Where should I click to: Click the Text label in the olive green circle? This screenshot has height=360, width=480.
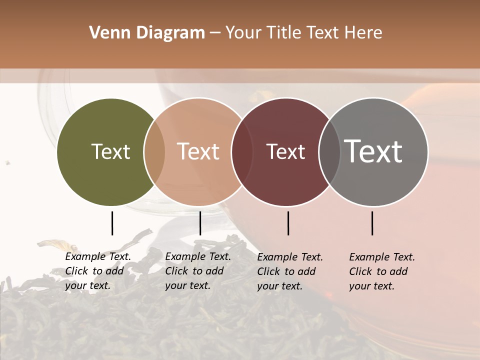(110, 151)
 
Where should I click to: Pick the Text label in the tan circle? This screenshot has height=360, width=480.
(198, 151)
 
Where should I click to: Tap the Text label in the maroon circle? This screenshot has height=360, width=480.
(285, 151)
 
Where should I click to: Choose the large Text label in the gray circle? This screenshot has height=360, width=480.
(373, 151)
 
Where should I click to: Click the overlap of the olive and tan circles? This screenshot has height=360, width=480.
(154, 152)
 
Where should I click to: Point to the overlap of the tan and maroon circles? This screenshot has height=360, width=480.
(241, 152)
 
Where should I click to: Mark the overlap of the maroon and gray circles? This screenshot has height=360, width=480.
(328, 152)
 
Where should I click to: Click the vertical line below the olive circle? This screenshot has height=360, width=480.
(112, 223)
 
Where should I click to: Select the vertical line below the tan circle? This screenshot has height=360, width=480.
(200, 223)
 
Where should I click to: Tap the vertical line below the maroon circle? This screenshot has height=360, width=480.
(288, 223)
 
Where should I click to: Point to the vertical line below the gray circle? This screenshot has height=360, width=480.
(372, 223)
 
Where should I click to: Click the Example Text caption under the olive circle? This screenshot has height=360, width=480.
(98, 271)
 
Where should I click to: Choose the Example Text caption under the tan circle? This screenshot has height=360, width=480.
(198, 271)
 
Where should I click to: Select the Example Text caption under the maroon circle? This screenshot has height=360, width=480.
(290, 271)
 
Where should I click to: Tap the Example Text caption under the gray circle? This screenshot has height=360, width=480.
(382, 271)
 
